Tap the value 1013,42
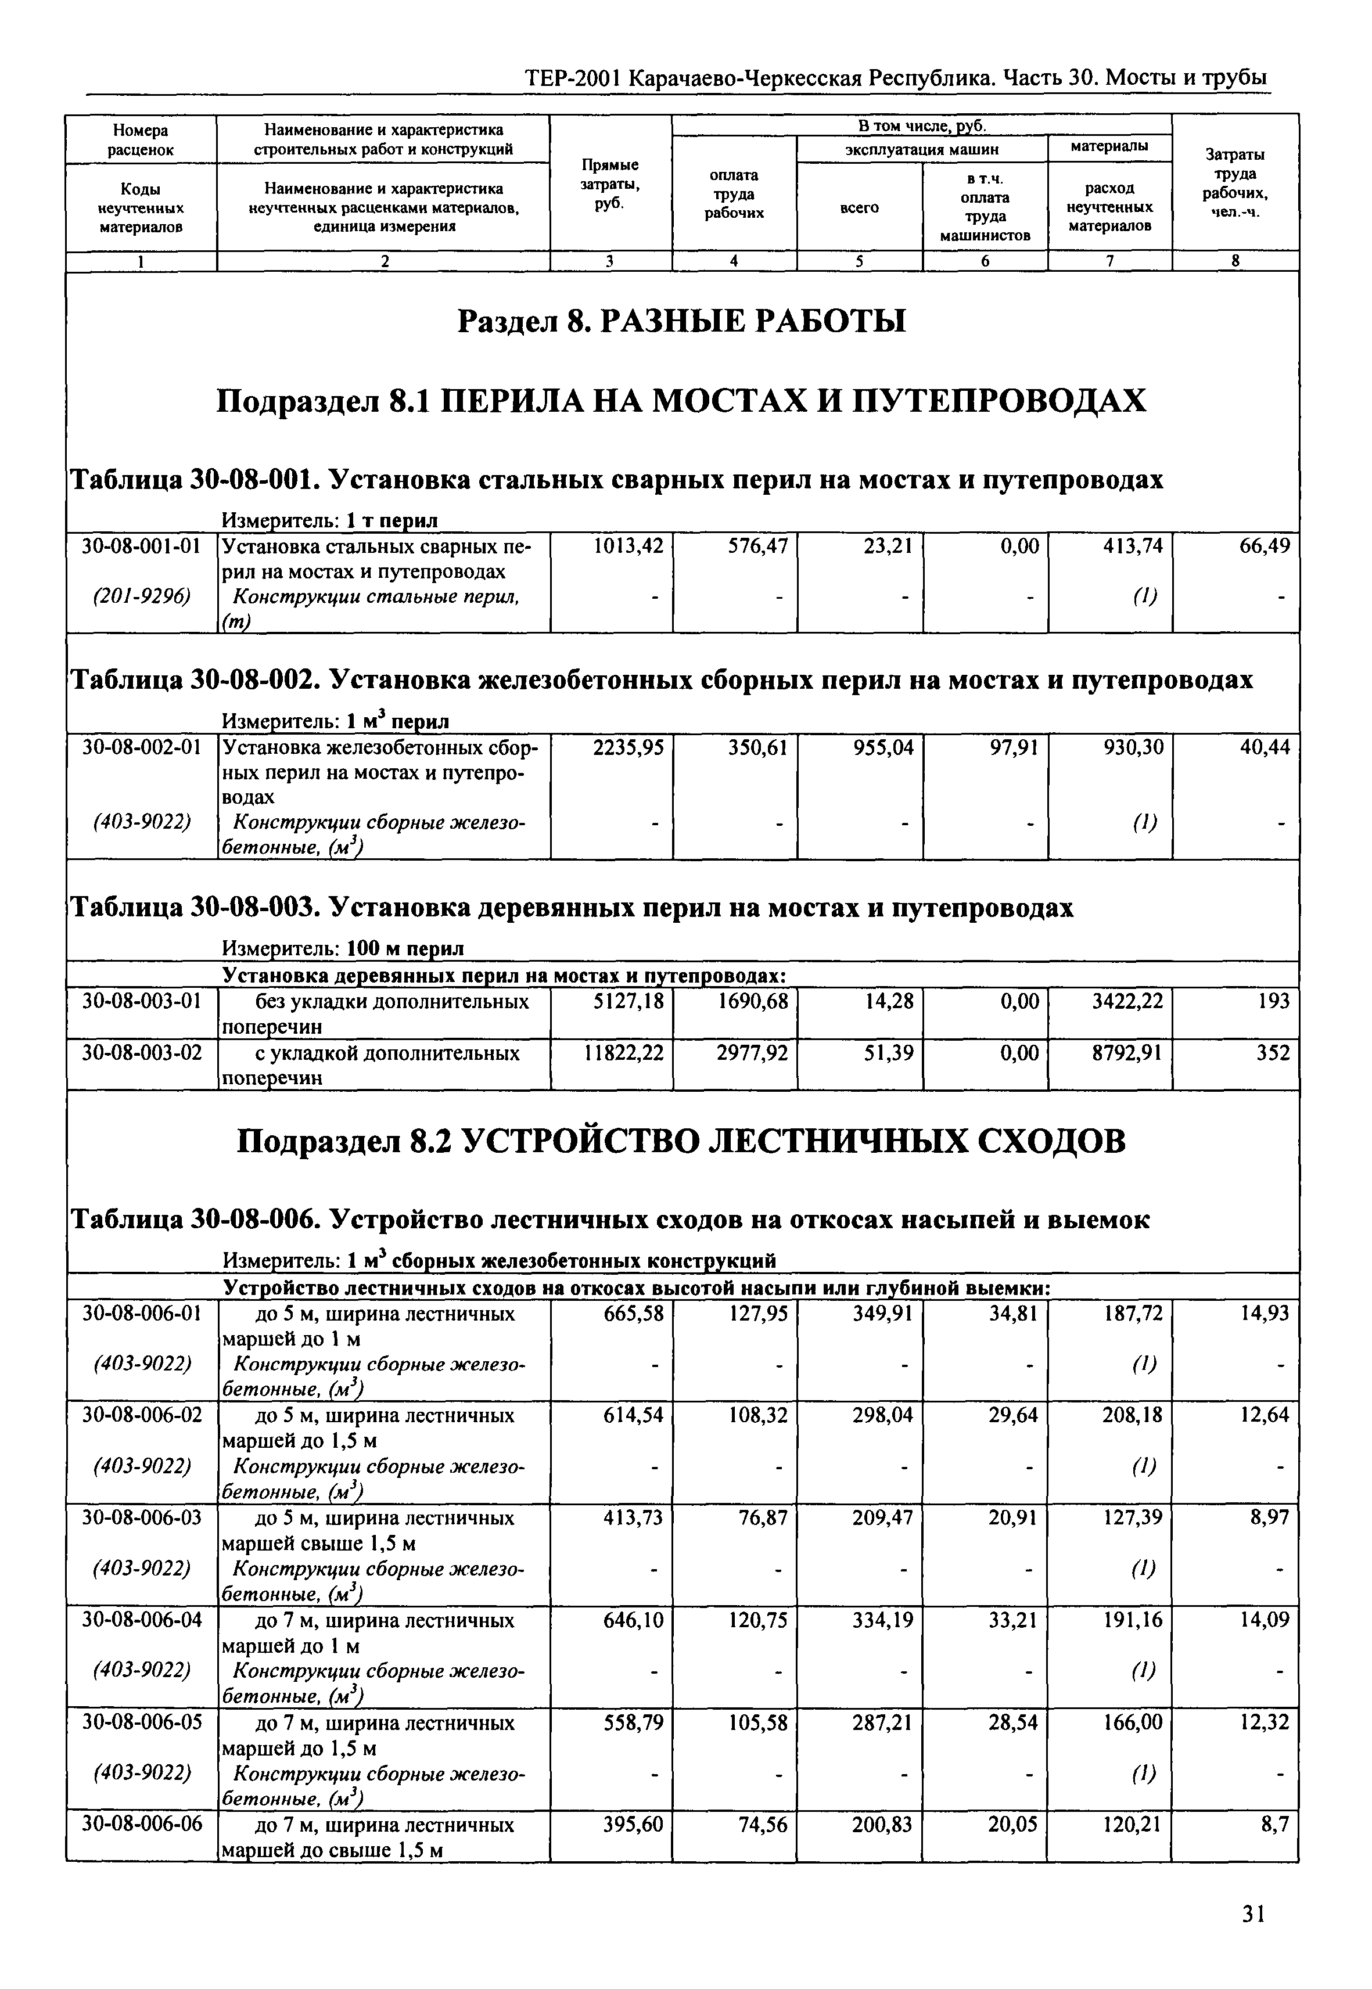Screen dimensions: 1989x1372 628,546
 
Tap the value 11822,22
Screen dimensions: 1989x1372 623,1053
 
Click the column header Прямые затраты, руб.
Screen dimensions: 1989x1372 610,183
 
